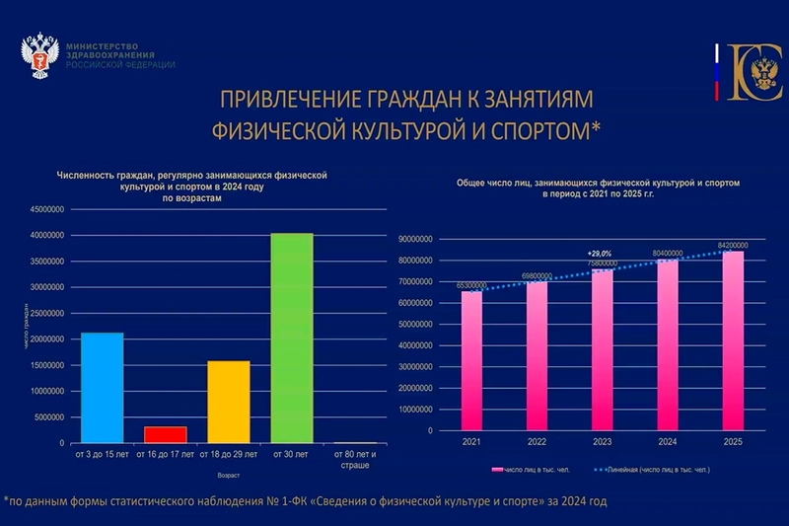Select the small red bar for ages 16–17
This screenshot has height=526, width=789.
pyautogui.click(x=165, y=434)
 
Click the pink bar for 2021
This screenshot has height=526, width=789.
pyautogui.click(x=472, y=361)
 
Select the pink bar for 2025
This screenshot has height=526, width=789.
pyautogui.click(x=732, y=341)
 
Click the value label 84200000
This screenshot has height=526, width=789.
pyautogui.click(x=732, y=245)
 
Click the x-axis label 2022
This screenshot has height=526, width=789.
pyautogui.click(x=537, y=442)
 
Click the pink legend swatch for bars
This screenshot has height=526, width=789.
pyautogui.click(x=496, y=470)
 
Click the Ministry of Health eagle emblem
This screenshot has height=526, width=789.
pyautogui.click(x=40, y=60)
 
